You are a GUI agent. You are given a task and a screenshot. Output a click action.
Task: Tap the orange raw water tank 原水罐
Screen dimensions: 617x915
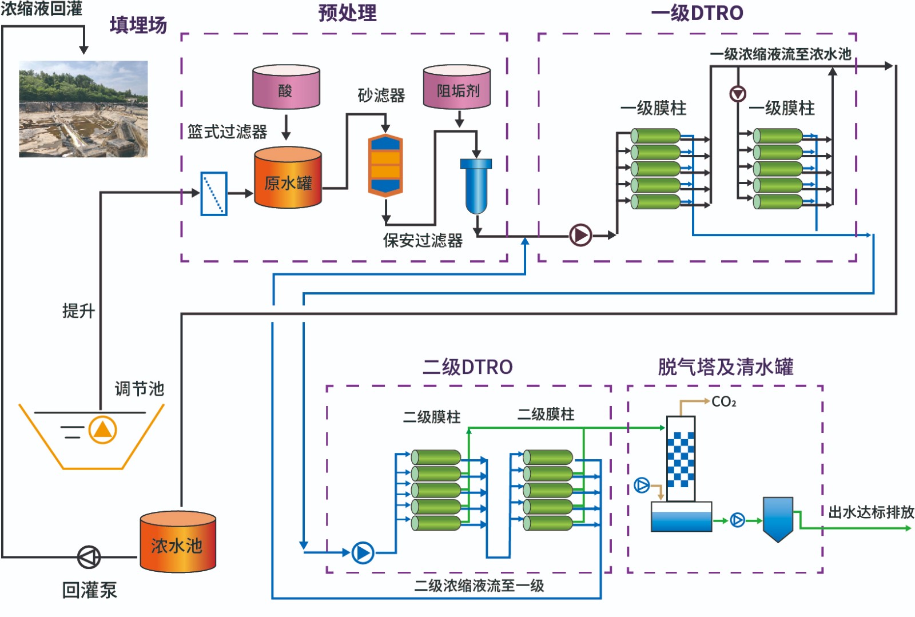pos(288,178)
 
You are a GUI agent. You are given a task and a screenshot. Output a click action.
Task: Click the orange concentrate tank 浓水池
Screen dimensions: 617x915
pos(178,542)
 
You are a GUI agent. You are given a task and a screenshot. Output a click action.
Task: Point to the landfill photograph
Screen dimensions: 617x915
pos(83,109)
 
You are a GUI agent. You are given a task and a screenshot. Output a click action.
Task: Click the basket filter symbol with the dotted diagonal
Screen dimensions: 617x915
pos(214,194)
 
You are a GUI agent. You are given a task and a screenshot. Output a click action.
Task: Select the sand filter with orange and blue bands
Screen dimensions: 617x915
pos(385,165)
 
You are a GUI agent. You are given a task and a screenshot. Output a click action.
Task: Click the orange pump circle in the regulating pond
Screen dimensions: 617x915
pos(102,430)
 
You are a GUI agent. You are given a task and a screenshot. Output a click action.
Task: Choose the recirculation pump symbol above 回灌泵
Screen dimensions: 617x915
pos(89,556)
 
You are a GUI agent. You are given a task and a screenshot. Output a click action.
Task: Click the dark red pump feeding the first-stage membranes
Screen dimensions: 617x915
pos(580,235)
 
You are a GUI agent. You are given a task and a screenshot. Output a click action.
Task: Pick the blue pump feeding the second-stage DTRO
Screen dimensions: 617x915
pos(363,552)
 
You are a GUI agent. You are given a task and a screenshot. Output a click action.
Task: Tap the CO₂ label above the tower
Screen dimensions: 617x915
pos(723,402)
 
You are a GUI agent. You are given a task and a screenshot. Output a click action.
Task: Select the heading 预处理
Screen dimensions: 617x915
pos(347,13)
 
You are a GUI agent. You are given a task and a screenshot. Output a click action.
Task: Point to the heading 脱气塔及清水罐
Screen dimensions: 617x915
pos(725,367)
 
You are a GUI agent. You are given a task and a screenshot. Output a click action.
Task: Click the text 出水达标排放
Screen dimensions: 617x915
pos(871,512)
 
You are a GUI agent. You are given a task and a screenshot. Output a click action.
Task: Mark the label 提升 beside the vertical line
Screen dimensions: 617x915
pos(78,311)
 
